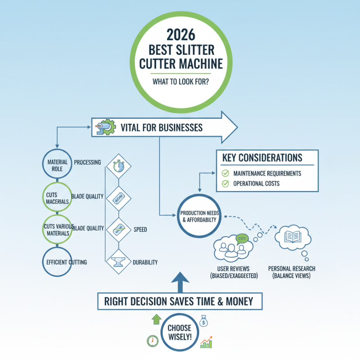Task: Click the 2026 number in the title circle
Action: coord(180,34)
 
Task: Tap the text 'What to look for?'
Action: coord(180,83)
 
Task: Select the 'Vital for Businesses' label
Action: coord(162,128)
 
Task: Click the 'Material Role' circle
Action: coord(55,165)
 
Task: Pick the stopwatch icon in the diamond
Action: coord(117,166)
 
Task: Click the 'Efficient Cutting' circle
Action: coord(55,261)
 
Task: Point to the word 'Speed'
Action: coord(140,229)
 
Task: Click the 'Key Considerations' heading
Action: coord(262,158)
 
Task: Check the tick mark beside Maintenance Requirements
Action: coord(225,173)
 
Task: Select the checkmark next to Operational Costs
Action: coord(225,184)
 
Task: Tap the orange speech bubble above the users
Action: coord(242,238)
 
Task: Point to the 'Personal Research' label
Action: coord(292,269)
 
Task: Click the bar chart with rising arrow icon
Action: coord(207,342)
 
